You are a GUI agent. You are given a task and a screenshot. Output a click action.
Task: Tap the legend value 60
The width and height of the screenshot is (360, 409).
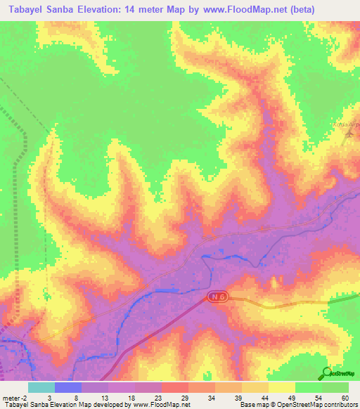click(x=345, y=398)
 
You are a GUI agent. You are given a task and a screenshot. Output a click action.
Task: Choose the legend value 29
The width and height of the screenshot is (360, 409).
click(x=184, y=398)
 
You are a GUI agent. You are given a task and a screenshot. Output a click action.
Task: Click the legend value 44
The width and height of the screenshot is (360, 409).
click(x=264, y=398)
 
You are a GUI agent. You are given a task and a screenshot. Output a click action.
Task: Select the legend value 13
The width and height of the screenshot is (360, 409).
click(x=104, y=398)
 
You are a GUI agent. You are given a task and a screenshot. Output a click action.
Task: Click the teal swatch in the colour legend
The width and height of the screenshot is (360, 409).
click(x=41, y=387)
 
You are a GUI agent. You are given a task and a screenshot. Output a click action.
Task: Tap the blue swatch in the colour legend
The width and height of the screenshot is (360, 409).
click(x=67, y=387)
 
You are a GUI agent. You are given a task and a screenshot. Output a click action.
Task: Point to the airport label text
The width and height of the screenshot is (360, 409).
click(x=346, y=125)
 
